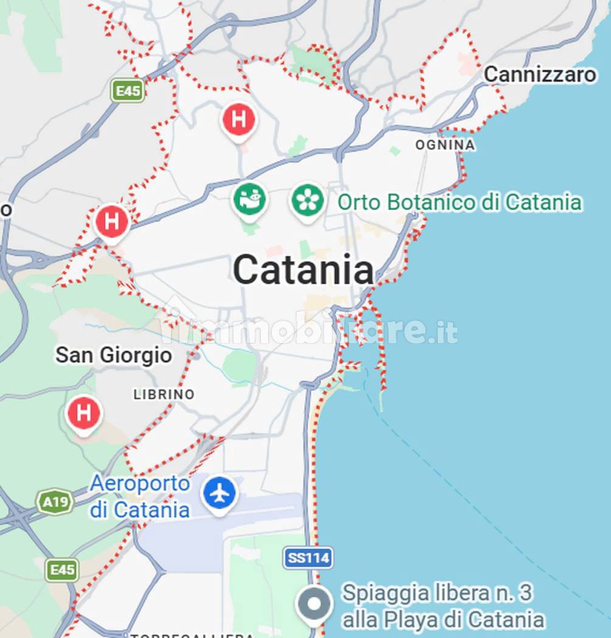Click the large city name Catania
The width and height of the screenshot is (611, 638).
[303, 270]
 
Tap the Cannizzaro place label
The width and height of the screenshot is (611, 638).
[540, 75]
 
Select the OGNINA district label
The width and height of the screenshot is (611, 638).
[445, 145]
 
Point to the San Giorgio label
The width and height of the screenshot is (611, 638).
[114, 355]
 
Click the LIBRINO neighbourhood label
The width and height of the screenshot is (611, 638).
[164, 394]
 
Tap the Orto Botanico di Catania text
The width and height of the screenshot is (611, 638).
[460, 202]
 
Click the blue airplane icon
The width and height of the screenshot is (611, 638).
[219, 493]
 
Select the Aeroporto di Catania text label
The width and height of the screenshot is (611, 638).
[140, 496]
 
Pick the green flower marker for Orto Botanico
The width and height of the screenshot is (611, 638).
[307, 200]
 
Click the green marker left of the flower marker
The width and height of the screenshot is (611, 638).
[250, 200]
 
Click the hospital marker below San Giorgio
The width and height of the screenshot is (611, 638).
[84, 413]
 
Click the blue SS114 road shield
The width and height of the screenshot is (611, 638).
[308, 558]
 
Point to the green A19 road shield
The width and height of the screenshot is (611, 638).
[55, 502]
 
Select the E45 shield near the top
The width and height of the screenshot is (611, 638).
[128, 91]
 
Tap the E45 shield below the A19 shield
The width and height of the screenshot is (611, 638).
[62, 570]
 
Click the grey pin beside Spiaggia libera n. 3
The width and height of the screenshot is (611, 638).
[314, 604]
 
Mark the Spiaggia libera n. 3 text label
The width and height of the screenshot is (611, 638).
[443, 606]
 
